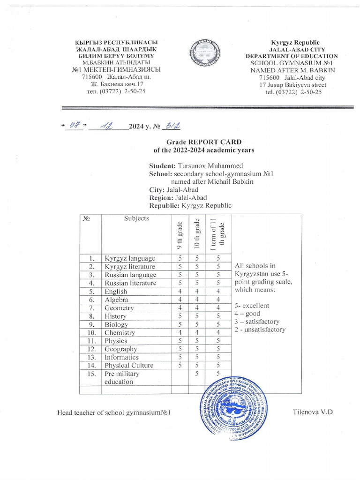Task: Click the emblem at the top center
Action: (204, 55)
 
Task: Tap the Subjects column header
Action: (136, 218)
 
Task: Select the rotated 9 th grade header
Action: (180, 234)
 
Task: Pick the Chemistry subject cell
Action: (120, 333)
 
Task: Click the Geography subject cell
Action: (121, 349)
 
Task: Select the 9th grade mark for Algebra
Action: (180, 300)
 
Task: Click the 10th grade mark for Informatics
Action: (197, 357)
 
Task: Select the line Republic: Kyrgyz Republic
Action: (190, 206)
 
